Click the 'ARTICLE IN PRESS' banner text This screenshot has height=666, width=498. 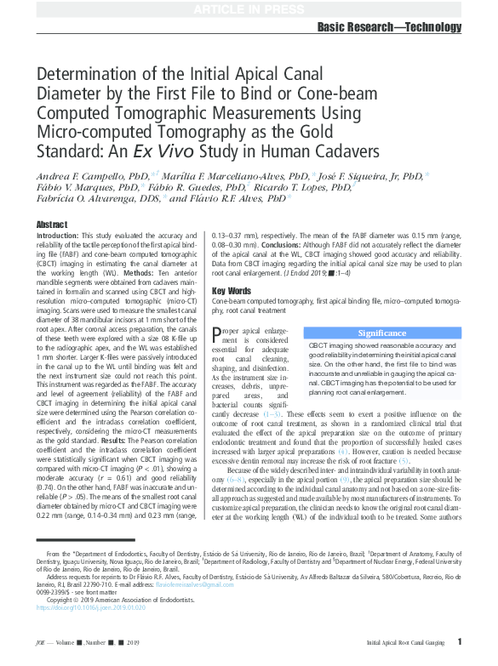(x=249, y=9)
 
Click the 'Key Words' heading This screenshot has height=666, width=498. (x=230, y=291)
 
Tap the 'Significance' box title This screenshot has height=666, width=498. (x=381, y=333)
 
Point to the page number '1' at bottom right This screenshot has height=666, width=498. (x=459, y=642)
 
